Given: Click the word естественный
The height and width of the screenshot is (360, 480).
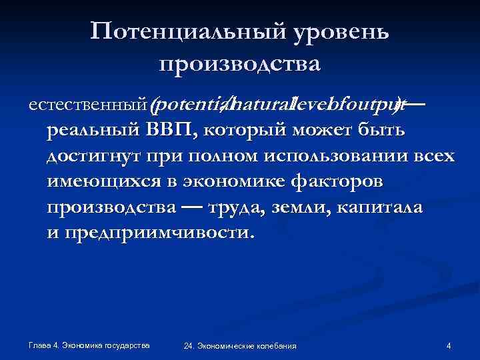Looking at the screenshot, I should pos(87,105).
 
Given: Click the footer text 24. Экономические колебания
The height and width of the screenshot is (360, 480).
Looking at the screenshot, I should pos(240,347).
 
